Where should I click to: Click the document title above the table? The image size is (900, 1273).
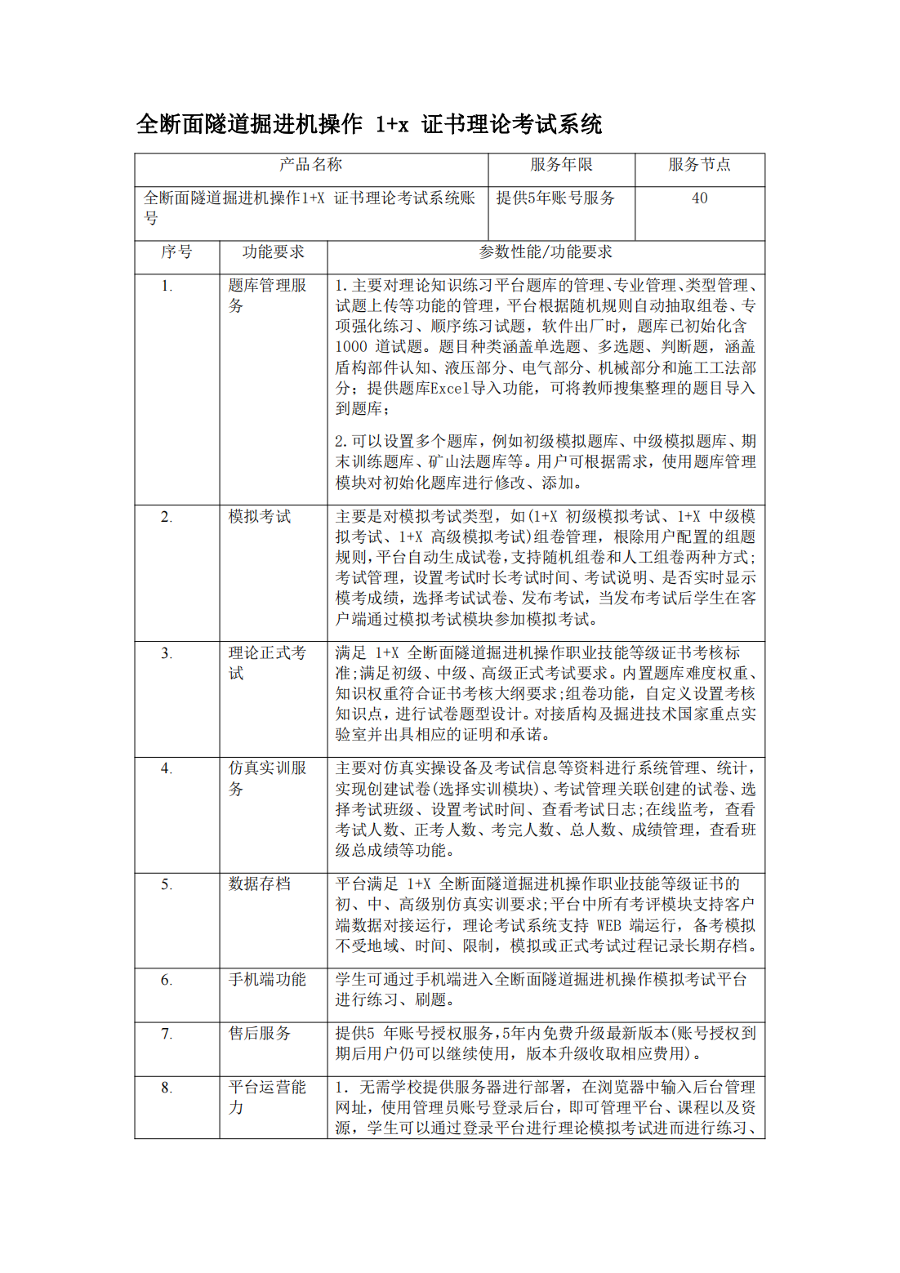(369, 124)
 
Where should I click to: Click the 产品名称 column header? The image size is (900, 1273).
(310, 165)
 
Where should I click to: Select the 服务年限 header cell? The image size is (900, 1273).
(561, 165)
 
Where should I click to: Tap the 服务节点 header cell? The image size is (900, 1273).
(699, 165)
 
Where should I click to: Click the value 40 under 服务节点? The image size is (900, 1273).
(699, 198)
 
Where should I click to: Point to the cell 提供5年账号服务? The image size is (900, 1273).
(555, 198)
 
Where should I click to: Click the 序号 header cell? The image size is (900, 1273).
(176, 252)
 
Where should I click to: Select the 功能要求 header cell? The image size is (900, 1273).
(273, 252)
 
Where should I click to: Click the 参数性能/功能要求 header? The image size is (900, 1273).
(546, 252)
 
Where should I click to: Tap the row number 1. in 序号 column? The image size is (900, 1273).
(167, 286)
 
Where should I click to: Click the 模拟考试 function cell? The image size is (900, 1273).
(260, 517)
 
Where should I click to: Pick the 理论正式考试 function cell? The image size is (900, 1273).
(267, 662)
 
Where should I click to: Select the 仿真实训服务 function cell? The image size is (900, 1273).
(267, 778)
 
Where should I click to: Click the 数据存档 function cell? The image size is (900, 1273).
(260, 884)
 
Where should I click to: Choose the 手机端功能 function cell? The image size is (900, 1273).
(267, 980)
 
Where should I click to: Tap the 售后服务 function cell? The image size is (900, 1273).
(260, 1034)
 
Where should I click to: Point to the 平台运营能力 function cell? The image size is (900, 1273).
(267, 1097)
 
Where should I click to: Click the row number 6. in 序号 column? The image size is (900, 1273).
(167, 980)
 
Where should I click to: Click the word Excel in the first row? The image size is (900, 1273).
(450, 389)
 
